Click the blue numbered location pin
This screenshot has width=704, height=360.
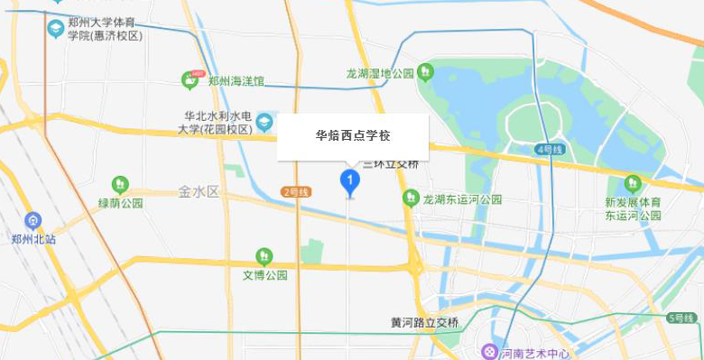(349, 181)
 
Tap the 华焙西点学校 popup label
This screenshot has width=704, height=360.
(352, 136)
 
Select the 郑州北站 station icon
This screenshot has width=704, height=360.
(33, 220)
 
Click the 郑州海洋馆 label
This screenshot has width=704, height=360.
(236, 80)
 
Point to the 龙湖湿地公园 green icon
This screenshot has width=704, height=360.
(425, 72)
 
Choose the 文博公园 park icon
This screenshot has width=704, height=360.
(264, 256)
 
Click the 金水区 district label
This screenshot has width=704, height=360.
(199, 191)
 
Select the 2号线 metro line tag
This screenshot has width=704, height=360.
(296, 191)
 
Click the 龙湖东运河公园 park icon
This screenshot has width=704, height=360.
(412, 198)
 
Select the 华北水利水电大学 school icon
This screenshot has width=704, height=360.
(264, 121)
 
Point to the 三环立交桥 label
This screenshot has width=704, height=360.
(392, 164)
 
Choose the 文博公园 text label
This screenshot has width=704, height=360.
(264, 275)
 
